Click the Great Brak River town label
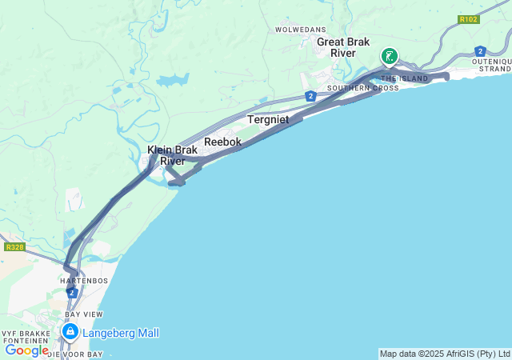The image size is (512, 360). point(336,47)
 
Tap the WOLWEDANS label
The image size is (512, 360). point(297,30)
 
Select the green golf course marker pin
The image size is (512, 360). point(389,56)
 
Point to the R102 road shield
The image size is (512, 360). point(469,19)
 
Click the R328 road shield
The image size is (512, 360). point(14,247)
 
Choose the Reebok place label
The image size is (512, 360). point(222,142)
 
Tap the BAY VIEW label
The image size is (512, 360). point(83,314)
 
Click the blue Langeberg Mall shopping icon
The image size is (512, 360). point(70,331)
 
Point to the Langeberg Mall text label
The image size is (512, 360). point(120,333)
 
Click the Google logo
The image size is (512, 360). point(26,350)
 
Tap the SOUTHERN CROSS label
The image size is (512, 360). point(363,88)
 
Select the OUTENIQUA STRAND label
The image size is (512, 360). point(491,66)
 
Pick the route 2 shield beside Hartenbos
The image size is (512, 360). point(73,294)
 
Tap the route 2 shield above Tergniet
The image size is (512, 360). point(310,96)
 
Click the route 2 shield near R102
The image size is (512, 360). point(479,50)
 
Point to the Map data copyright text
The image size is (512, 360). point(444,354)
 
